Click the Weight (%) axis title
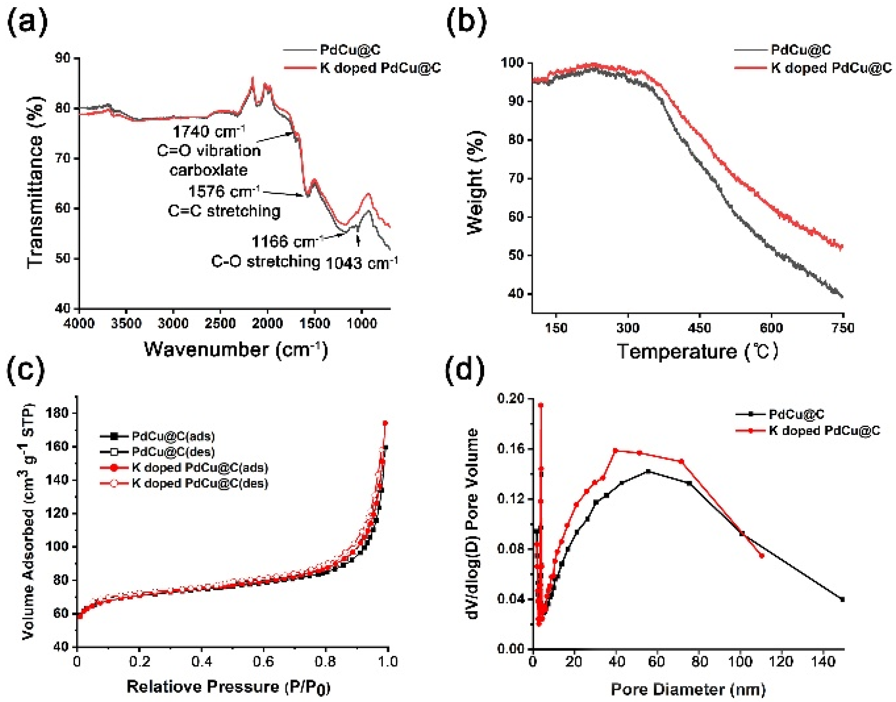pos(476,183)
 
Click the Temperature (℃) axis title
pos(697,352)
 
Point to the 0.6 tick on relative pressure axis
pos(263,662)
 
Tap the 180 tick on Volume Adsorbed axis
pos(59,413)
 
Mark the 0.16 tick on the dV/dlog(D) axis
pos(512,449)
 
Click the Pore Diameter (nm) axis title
pos(688,689)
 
